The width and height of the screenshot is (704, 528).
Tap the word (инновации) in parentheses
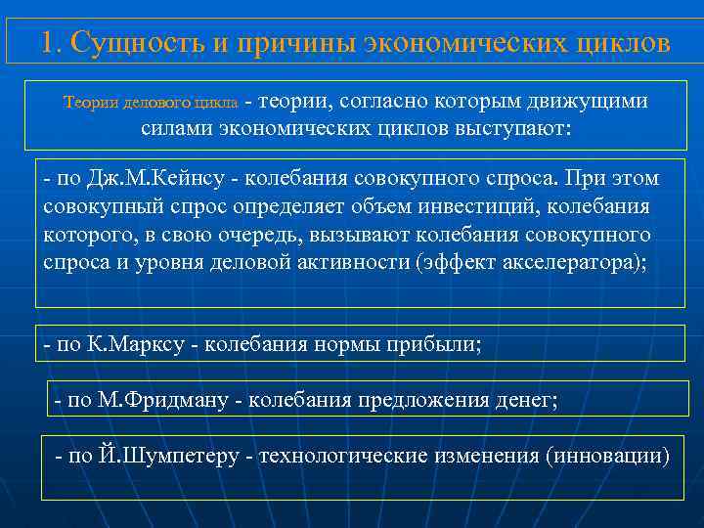[608, 457]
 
